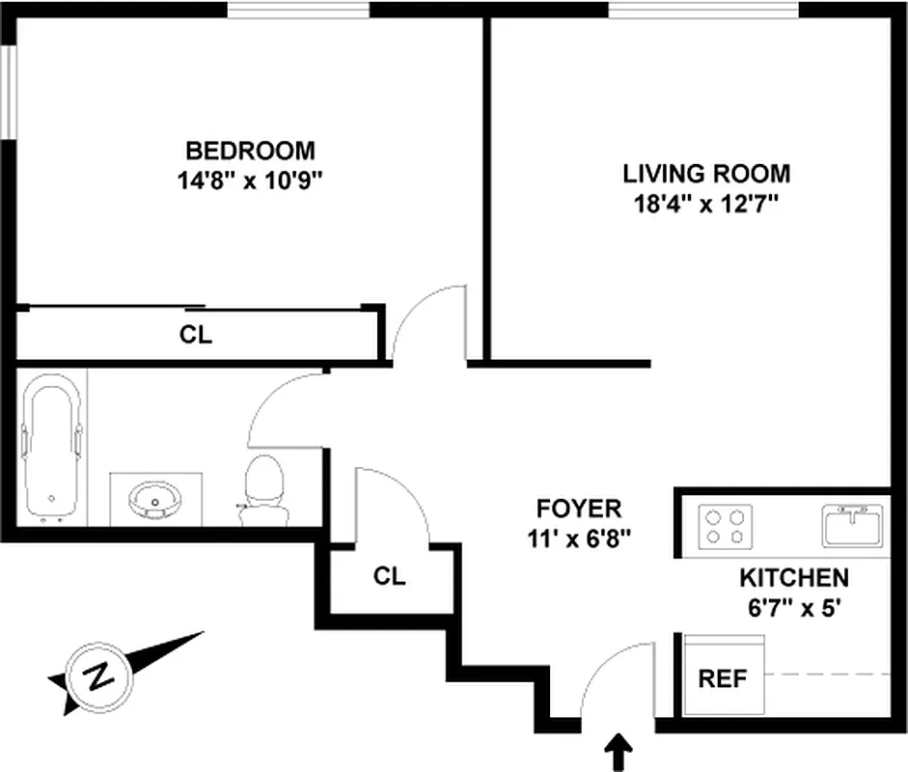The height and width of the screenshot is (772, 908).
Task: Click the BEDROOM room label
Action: [250, 151]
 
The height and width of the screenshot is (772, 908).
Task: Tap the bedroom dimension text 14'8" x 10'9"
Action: [250, 180]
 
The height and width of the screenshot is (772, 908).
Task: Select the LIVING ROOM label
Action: [706, 174]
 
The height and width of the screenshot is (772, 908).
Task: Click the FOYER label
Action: [579, 508]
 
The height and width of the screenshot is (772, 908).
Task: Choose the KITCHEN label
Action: [793, 578]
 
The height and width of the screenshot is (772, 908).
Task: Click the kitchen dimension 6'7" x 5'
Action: [793, 609]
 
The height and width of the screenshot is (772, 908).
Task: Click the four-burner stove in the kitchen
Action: [725, 527]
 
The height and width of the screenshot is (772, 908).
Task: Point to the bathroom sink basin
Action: [154, 500]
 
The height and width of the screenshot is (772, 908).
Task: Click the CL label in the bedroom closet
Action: [196, 336]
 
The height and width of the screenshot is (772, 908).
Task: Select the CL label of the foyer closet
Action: [390, 577]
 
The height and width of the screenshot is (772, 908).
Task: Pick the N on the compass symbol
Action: [97, 675]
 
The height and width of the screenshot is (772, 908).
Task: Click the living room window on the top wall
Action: [704, 10]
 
